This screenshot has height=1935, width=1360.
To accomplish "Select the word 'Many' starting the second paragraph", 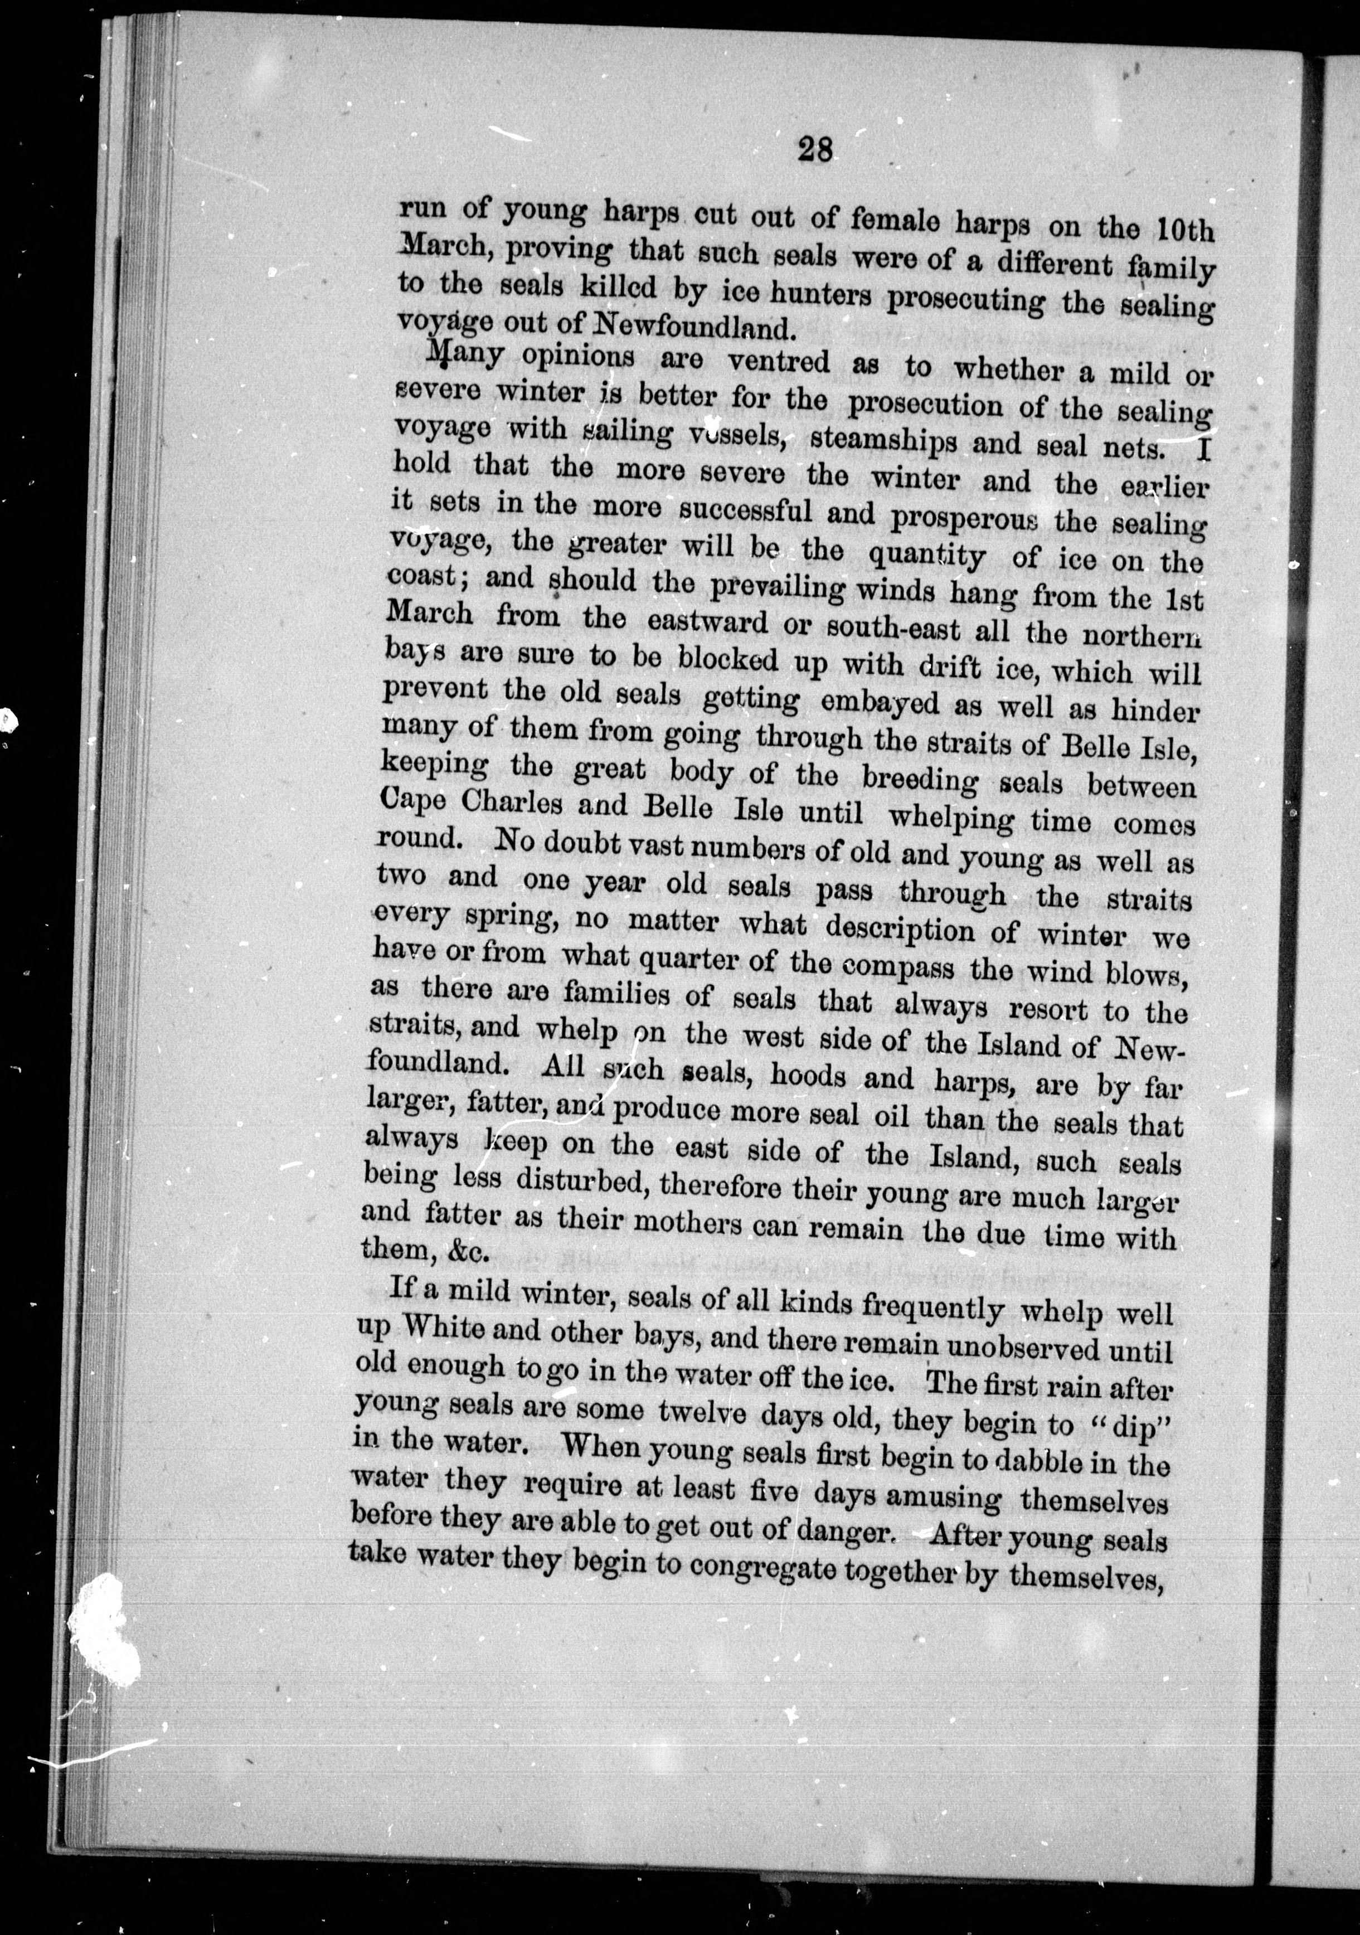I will click(466, 355).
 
